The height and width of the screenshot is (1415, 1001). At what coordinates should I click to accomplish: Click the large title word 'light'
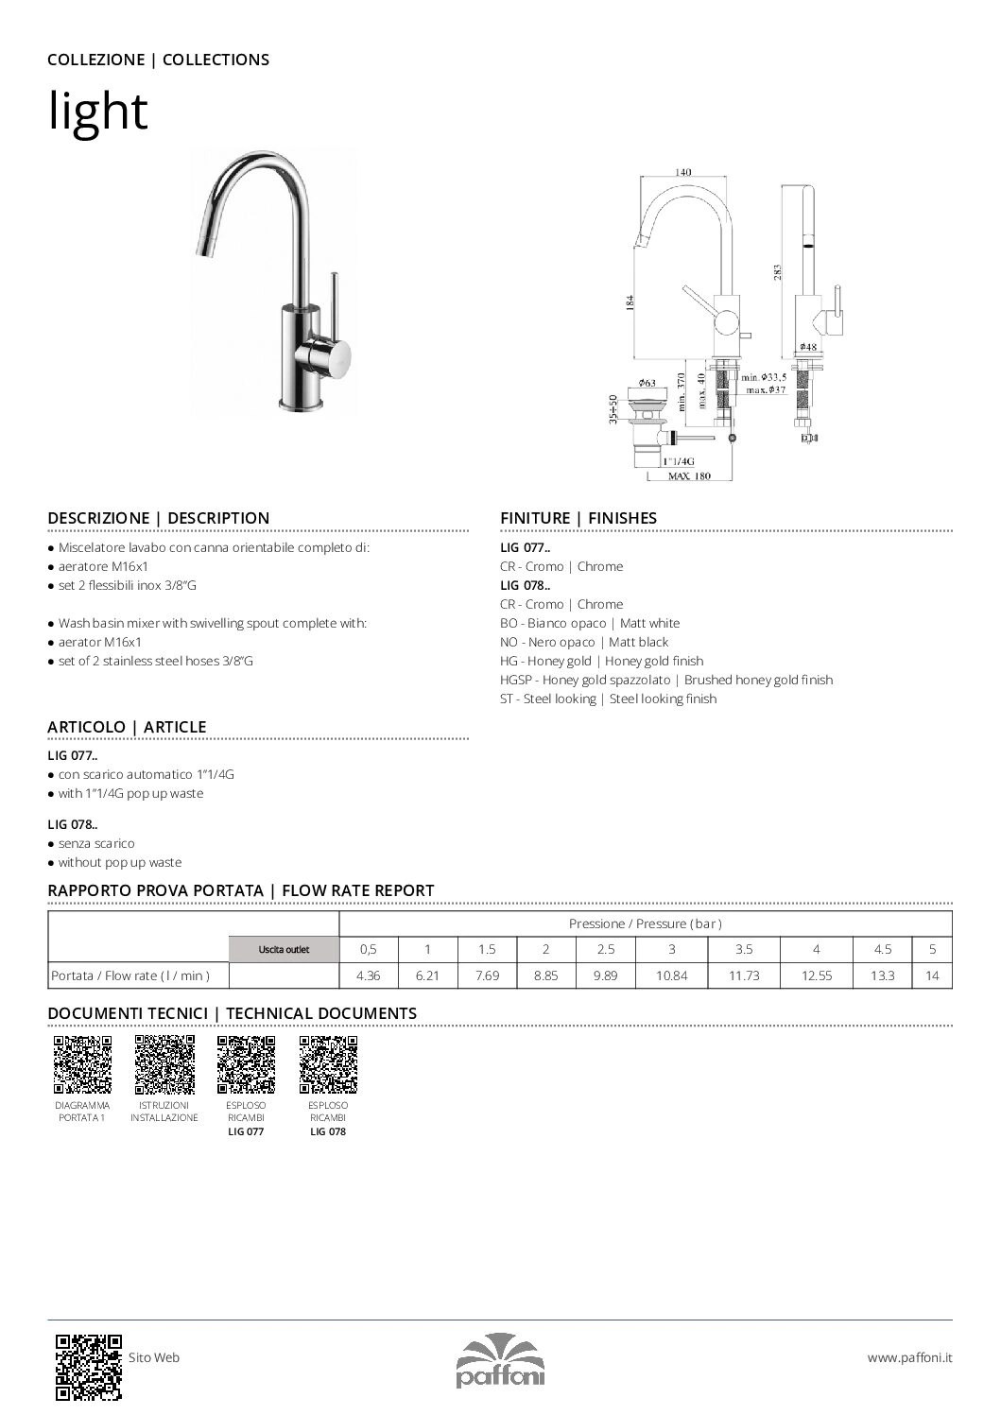pos(98,112)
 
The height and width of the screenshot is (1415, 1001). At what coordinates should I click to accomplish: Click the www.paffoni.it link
pos(909,1357)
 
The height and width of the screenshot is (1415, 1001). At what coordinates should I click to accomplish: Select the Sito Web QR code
pos(89,1366)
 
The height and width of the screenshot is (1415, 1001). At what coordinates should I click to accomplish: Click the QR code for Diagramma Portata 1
pos(82,1064)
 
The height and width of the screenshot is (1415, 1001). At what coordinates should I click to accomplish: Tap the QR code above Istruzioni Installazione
pos(164,1064)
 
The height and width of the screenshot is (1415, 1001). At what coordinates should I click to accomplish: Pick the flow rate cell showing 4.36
pos(369,975)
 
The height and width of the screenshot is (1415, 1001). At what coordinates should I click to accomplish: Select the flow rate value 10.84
pos(671,975)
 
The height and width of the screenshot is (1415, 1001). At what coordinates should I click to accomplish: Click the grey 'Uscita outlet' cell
pos(284,949)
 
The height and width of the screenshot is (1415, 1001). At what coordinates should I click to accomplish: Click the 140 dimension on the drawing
pos(682,172)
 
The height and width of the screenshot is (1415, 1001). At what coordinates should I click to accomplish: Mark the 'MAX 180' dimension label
pos(689,475)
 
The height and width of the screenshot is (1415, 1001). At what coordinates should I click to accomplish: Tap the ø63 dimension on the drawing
pos(647,383)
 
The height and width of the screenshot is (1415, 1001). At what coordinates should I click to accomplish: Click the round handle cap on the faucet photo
pos(337,357)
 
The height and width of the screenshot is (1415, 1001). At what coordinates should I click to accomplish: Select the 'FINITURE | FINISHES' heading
pos(578,518)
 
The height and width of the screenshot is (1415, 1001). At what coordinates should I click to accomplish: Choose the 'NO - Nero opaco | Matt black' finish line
pos(584,642)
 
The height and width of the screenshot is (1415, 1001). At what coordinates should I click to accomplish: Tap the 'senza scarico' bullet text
pos(96,843)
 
